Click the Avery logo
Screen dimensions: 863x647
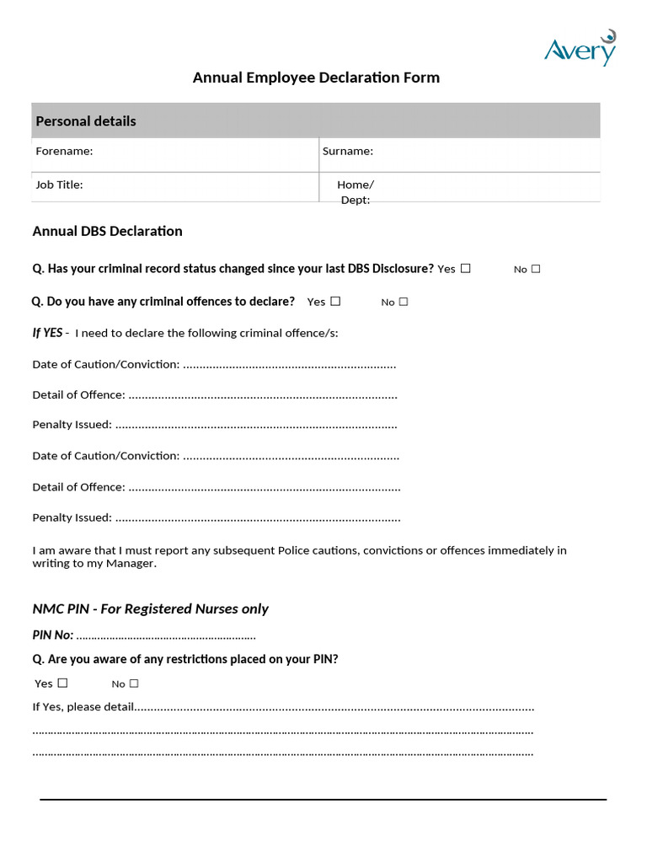580,49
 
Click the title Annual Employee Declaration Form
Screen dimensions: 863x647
316,78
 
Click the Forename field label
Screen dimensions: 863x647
64,151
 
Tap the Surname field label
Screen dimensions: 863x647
347,151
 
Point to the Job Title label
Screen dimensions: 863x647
59,185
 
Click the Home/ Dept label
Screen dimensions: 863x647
355,191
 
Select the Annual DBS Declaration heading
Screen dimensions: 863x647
107,231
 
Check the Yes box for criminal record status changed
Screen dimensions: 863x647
466,269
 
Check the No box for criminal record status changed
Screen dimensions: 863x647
536,269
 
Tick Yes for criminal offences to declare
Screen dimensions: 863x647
335,301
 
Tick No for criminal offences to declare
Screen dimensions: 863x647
404,301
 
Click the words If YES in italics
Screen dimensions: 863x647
47,333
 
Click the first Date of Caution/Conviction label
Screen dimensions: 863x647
105,364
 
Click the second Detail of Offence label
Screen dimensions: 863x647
78,486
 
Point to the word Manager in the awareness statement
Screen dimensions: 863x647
130,563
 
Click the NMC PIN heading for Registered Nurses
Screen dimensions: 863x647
150,608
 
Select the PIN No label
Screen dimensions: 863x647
52,635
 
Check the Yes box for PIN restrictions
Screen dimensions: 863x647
62,683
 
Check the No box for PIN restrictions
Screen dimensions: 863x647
134,683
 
